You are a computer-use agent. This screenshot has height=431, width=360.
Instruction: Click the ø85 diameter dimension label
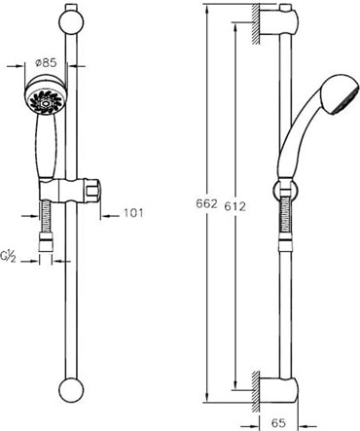point(46,62)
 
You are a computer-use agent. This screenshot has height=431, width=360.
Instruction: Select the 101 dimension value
point(133,213)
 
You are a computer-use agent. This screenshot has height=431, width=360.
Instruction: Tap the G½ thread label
point(8,257)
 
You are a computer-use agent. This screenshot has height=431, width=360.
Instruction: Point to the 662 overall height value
point(206,203)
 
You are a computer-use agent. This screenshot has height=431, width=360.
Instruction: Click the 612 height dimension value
point(234,206)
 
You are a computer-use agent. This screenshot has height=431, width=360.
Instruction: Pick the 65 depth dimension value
point(278,422)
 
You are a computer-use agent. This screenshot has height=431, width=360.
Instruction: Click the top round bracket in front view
point(71,21)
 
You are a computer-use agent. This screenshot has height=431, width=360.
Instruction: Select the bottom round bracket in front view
point(71,390)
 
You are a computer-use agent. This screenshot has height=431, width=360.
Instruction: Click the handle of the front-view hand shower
point(48,147)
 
